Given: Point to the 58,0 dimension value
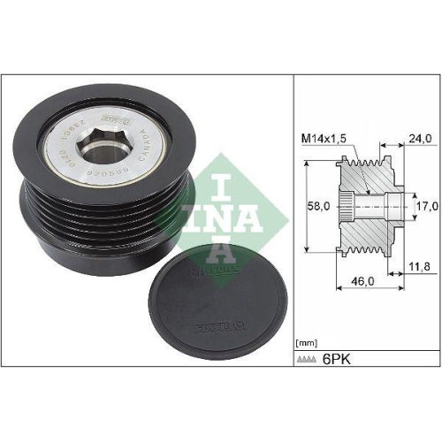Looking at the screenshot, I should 318,206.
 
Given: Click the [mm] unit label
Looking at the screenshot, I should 305,340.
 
